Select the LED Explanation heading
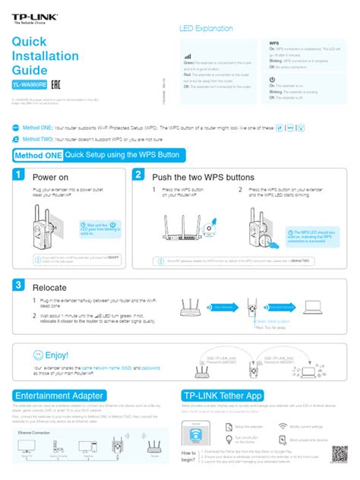206,28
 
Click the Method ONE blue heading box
38,155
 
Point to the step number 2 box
138,175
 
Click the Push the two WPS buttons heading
201,177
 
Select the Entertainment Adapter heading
58,396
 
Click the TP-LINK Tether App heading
222,396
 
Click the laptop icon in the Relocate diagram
314,307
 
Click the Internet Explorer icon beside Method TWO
16,140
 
